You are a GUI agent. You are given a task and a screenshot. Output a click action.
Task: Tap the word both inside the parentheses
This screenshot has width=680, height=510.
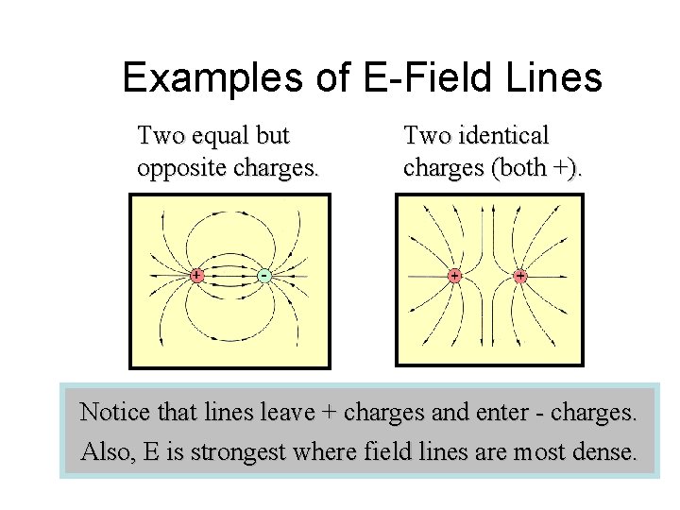point(528,168)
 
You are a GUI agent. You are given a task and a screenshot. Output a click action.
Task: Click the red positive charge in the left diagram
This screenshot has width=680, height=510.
point(196,276)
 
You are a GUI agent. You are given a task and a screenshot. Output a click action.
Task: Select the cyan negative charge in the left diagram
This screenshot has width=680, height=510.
point(264,276)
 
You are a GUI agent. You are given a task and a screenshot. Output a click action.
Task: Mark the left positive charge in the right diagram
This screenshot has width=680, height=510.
point(454,276)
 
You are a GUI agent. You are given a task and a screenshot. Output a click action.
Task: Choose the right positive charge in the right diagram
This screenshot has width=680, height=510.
point(520,276)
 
